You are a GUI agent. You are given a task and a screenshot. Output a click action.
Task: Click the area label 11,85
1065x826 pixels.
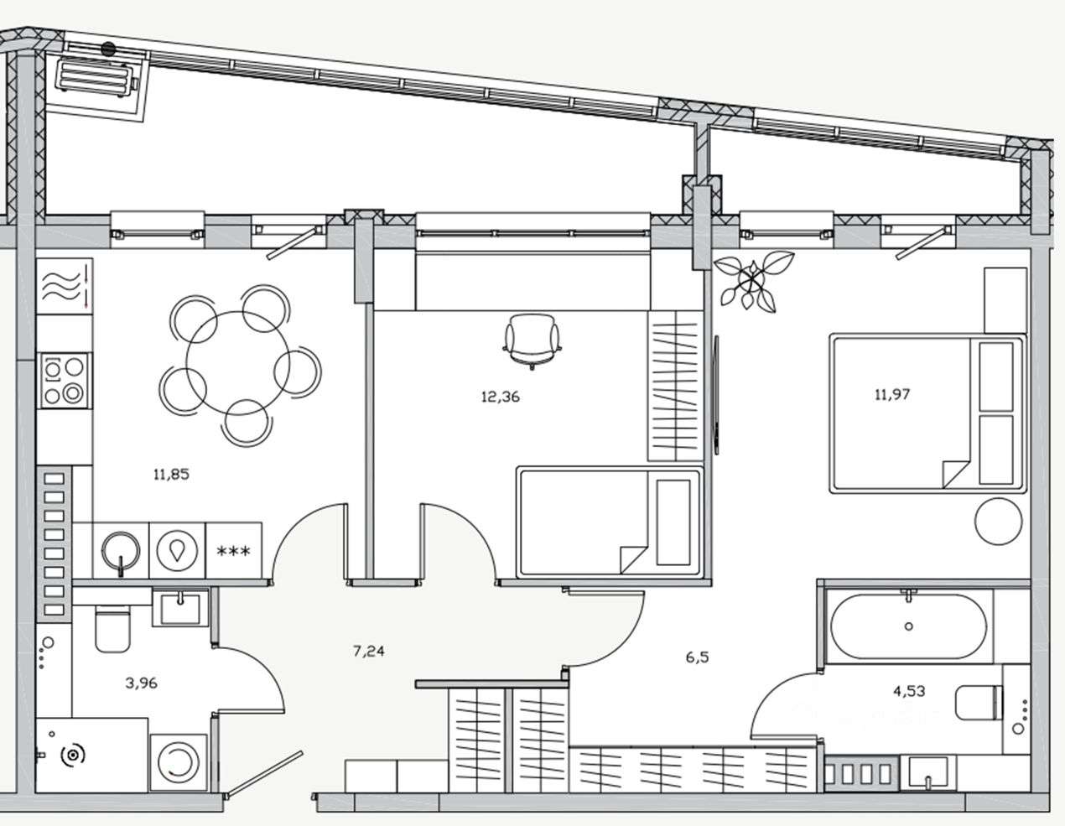[171, 474]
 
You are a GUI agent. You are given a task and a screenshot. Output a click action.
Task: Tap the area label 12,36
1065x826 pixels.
[500, 397]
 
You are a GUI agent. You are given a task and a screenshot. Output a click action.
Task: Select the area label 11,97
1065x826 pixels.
[892, 393]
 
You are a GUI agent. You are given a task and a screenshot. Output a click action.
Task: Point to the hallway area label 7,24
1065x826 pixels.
[369, 650]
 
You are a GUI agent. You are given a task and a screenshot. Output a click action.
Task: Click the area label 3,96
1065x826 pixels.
[141, 683]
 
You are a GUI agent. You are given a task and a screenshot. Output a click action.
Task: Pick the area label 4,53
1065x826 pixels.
[910, 691]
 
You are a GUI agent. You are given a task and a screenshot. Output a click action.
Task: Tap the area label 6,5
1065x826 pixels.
[697, 657]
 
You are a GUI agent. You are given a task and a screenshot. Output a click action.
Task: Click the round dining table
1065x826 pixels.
[239, 363]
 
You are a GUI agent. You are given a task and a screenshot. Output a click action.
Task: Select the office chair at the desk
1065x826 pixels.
[532, 339]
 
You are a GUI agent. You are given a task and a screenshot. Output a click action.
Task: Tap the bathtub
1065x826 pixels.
[908, 626]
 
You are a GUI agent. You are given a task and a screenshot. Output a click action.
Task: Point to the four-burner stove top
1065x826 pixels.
[65, 380]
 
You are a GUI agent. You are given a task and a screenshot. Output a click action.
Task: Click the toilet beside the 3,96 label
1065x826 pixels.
[112, 630]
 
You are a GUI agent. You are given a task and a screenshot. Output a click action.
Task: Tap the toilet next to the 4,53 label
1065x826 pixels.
[979, 703]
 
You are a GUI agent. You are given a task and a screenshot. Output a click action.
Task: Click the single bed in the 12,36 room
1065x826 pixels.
[608, 522]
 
